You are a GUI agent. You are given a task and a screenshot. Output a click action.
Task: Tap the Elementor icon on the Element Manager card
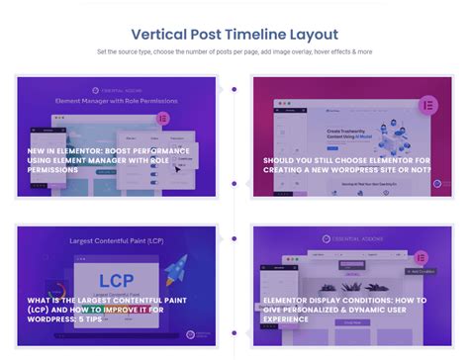tap(162, 118)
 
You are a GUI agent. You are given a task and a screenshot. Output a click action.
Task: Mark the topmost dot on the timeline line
tap(234, 89)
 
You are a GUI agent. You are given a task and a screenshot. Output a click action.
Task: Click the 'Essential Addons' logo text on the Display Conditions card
tap(357, 238)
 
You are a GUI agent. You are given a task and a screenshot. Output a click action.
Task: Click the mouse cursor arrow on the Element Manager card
tap(179, 168)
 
